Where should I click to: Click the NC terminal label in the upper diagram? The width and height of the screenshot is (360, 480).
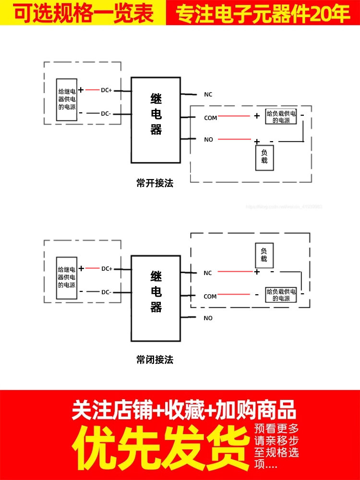click(208, 95)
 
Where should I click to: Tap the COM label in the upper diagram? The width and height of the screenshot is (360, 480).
click(210, 118)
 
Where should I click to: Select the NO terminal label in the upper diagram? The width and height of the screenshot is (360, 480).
click(208, 140)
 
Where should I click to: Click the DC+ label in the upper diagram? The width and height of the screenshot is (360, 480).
click(106, 90)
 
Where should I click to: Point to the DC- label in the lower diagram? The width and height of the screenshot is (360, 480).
click(106, 292)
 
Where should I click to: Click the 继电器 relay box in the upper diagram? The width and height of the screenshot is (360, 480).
click(156, 120)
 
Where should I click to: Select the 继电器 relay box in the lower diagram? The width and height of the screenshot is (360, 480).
click(156, 298)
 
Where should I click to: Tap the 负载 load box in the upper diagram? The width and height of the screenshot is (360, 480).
click(264, 157)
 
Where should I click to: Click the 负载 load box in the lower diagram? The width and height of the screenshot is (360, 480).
click(264, 255)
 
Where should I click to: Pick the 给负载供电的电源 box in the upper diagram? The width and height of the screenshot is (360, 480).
click(281, 117)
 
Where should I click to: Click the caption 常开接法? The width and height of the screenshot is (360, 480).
click(155, 183)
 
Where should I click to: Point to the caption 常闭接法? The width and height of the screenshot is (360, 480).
click(155, 360)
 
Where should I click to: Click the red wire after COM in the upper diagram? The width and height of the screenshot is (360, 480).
click(235, 116)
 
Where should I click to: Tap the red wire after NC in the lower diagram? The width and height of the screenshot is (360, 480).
click(235, 272)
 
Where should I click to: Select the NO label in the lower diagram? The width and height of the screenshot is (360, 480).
click(208, 318)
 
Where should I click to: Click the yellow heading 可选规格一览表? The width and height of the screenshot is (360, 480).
click(83, 12)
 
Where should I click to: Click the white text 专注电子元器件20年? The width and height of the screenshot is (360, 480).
click(263, 13)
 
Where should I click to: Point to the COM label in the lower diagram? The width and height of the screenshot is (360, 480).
click(210, 297)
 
